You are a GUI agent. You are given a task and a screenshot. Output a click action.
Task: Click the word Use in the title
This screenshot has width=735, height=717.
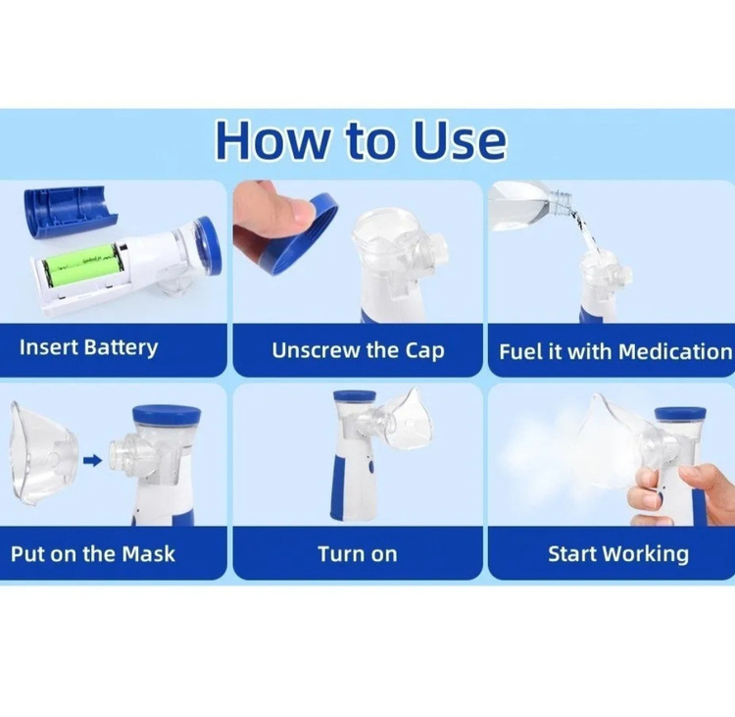[460, 140]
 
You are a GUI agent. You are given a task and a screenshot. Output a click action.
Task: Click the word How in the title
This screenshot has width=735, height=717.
[271, 140]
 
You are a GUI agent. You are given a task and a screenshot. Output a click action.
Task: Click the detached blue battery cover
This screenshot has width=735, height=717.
[71, 212]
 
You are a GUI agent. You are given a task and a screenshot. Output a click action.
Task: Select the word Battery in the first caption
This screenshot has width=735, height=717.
[121, 348]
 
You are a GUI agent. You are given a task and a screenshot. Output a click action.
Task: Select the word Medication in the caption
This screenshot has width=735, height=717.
[675, 351]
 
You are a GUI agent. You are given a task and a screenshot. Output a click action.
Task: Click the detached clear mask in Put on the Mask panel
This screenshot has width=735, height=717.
[42, 453]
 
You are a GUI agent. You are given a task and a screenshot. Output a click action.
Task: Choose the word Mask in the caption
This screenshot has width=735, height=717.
[148, 554]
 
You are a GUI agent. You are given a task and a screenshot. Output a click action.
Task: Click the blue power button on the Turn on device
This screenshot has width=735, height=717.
[370, 467]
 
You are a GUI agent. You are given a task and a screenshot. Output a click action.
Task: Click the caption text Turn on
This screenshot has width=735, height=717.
[358, 554]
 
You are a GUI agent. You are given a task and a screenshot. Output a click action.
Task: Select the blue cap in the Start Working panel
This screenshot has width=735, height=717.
[680, 414]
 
